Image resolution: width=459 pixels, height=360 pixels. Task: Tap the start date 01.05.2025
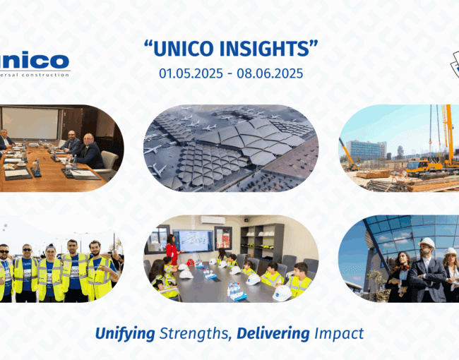[191, 73]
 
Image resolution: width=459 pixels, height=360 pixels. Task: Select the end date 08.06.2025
[270, 73]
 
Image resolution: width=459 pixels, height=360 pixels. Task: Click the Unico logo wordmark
[35, 61]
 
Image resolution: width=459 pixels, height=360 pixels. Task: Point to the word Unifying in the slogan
[125, 334]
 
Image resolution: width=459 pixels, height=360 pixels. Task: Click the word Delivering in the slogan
[273, 333]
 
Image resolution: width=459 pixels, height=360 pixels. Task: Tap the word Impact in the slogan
[339, 334]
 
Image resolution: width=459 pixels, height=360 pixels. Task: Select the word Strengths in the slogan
[194, 333]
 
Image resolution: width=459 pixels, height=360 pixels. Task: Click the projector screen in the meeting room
[30, 123]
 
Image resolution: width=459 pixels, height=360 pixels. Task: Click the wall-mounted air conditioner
[213, 220]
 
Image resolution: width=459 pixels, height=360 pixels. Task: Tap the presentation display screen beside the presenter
[193, 241]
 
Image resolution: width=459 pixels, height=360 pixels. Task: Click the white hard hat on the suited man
[427, 243]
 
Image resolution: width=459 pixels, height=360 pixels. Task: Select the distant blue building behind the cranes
[366, 150]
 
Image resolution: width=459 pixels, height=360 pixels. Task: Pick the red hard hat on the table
[191, 263]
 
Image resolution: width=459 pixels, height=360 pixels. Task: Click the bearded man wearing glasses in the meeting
[71, 142]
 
